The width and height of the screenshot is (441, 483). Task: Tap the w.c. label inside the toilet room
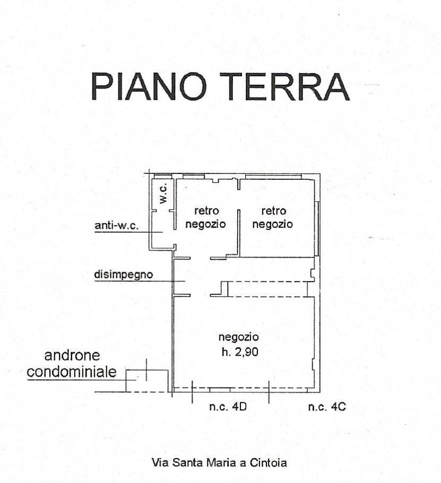pyautogui.click(x=163, y=195)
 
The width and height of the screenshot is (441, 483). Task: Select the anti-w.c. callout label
pyautogui.click(x=116, y=226)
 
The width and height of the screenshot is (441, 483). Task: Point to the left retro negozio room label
pyautogui.click(x=206, y=217)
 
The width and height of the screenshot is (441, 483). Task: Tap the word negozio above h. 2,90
pyautogui.click(x=238, y=337)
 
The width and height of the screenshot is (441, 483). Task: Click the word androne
pyautogui.click(x=72, y=355)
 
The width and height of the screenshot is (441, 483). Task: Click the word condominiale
pyautogui.click(x=72, y=372)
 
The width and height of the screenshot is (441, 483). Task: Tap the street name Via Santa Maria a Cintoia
pyautogui.click(x=219, y=462)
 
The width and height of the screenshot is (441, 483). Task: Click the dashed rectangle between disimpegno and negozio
pyautogui.click(x=268, y=289)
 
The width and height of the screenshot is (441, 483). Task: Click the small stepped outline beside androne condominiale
pyautogui.click(x=137, y=379)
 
